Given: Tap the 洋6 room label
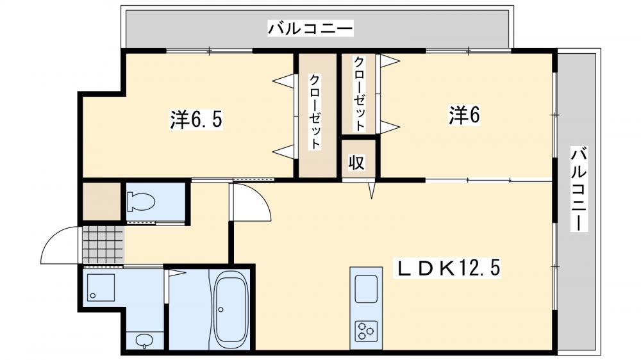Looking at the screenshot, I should point(464,115).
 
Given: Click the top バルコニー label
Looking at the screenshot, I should point(311,29).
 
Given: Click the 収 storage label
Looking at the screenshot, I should point(356,163).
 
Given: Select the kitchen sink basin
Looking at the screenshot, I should point(366,288).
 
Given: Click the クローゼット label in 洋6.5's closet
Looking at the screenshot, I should point(315,112).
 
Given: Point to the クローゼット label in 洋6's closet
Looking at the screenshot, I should point(360,94).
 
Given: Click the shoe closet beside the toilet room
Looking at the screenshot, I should point(101,202).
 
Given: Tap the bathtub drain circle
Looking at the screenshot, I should point(221,309).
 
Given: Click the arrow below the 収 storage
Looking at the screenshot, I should point(371,191).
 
